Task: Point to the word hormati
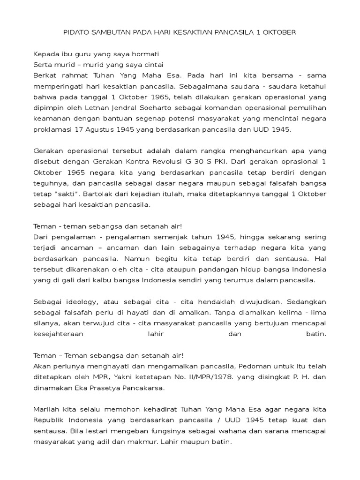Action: click(x=144, y=54)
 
